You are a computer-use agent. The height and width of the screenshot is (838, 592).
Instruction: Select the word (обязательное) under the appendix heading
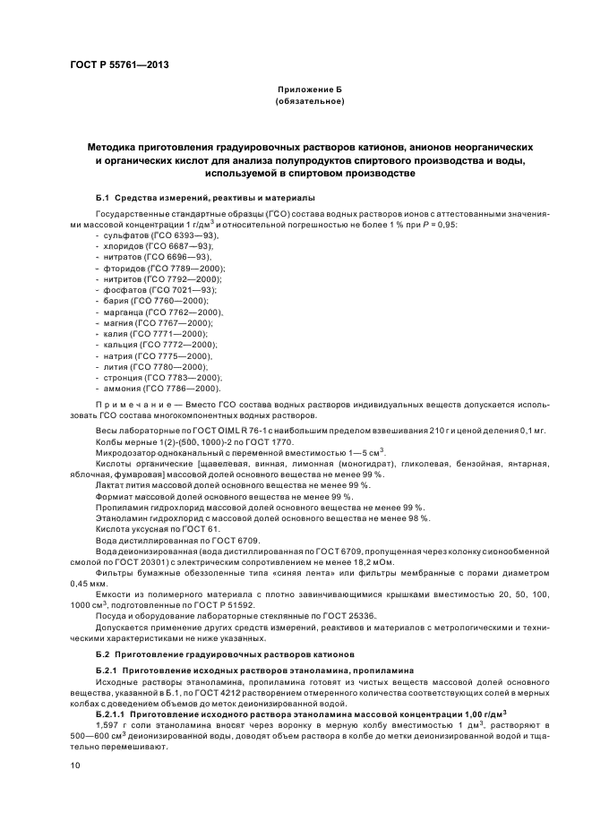[x=309, y=104]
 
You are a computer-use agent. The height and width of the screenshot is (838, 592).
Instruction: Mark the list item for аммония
[x=160, y=388]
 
